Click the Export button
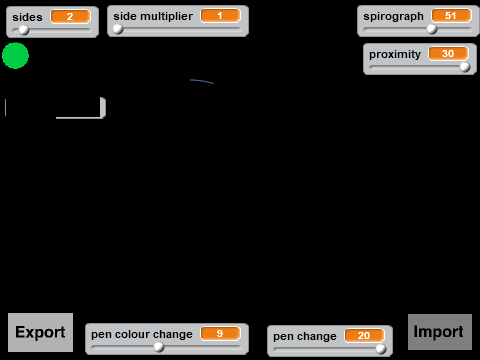(40, 332)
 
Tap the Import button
(440, 332)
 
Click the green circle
(15, 56)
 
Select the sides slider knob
(24, 30)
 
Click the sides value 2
(70, 16)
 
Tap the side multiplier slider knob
(118, 29)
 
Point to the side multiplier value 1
(220, 16)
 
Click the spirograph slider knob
(432, 29)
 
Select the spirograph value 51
(451, 16)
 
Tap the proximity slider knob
(465, 67)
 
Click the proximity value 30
(448, 54)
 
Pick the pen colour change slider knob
(159, 347)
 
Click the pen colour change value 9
(220, 334)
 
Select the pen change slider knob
(381, 349)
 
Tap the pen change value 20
(364, 336)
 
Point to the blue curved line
(202, 81)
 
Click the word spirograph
(393, 16)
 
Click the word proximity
(395, 54)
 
